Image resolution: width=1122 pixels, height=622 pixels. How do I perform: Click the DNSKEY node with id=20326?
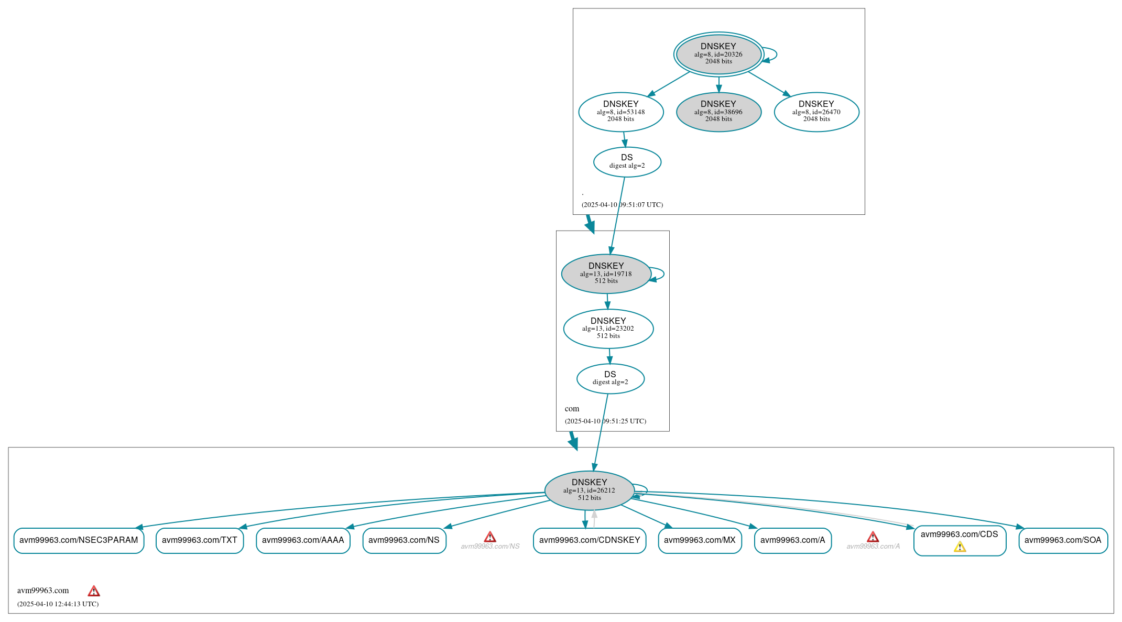[718, 54]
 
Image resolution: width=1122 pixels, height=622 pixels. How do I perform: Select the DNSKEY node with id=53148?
[620, 112]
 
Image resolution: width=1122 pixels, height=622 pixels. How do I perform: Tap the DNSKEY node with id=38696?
[718, 112]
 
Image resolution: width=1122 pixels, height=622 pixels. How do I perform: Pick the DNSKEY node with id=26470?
[816, 112]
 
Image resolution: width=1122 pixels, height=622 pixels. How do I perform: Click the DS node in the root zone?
[627, 162]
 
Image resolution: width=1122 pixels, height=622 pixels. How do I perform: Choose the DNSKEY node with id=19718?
[606, 274]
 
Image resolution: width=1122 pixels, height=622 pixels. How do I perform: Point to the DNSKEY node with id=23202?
[608, 329]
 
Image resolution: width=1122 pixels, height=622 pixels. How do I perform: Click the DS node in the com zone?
[610, 378]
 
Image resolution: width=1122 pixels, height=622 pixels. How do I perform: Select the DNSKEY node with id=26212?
[589, 490]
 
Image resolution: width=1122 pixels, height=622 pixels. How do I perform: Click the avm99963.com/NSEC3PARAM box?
[79, 540]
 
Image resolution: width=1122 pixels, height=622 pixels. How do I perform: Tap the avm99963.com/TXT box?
[199, 540]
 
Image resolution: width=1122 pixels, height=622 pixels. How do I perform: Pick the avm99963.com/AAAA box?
[303, 540]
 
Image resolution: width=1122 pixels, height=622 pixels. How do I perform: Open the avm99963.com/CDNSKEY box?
[589, 540]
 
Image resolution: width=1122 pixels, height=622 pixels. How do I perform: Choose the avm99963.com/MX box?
[700, 540]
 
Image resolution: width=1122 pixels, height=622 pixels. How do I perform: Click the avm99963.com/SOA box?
[1062, 540]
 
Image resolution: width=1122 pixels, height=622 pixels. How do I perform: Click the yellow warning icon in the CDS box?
[960, 547]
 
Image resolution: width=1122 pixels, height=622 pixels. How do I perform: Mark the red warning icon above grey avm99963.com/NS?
[489, 537]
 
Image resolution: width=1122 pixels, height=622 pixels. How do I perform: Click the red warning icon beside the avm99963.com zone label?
[94, 591]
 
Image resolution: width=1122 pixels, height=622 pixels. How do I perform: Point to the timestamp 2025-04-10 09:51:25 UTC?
[605, 421]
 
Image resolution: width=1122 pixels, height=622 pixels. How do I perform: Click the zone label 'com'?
[572, 409]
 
